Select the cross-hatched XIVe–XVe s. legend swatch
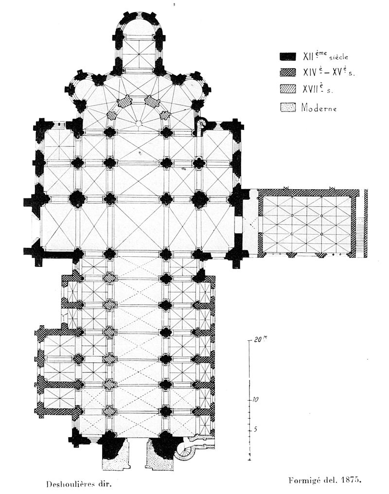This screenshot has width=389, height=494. coord(288,72)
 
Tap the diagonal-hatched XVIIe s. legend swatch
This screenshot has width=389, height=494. coord(288,90)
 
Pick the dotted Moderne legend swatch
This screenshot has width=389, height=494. coord(288,106)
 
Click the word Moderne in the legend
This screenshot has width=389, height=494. coord(318,107)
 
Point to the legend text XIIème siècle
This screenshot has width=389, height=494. coord(321,56)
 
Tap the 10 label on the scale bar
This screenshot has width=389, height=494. coord(255,399)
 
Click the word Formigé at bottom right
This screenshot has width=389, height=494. coord(299,481)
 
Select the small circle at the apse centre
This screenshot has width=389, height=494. coord(138,123)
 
